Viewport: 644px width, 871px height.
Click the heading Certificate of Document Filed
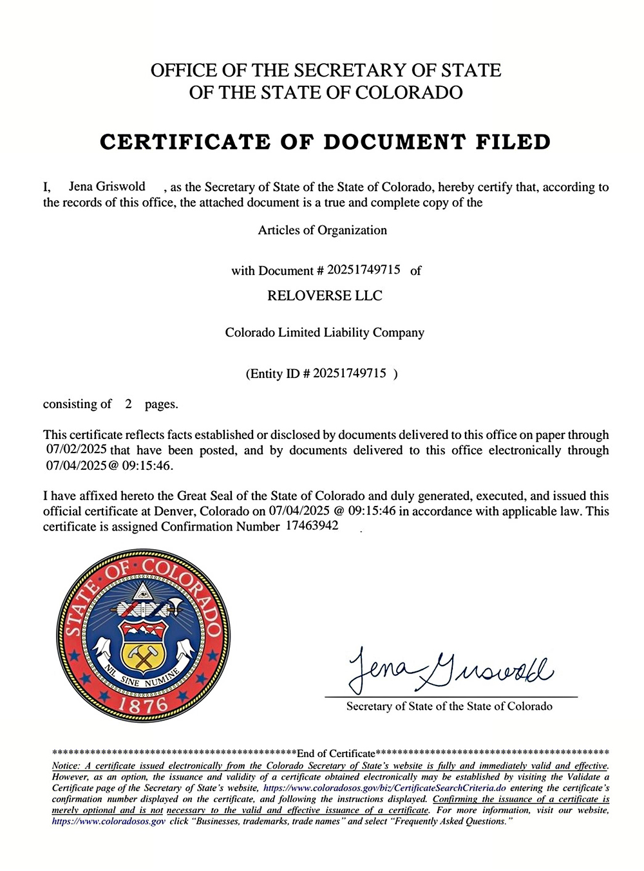pyautogui.click(x=325, y=142)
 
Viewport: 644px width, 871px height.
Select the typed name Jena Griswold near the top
pyautogui.click(x=107, y=186)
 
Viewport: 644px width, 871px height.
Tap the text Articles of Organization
pyautogui.click(x=322, y=230)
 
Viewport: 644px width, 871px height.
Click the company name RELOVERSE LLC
pyautogui.click(x=325, y=295)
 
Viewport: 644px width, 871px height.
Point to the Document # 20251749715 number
pyautogui.click(x=363, y=269)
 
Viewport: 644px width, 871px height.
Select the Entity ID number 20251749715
pyautogui.click(x=350, y=373)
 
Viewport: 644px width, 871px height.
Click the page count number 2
pyautogui.click(x=128, y=404)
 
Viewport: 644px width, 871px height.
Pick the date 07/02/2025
pyautogui.click(x=76, y=449)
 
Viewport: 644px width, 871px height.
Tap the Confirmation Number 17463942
pyautogui.click(x=312, y=525)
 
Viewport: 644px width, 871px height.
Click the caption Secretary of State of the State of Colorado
pyautogui.click(x=449, y=706)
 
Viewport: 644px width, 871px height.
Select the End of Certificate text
pyautogui.click(x=336, y=753)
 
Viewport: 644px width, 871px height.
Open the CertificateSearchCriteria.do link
pyautogui.click(x=384, y=788)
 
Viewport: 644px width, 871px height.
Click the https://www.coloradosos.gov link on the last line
pyautogui.click(x=108, y=821)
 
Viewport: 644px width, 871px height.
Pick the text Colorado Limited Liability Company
pyautogui.click(x=325, y=332)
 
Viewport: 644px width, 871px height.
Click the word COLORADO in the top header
pyautogui.click(x=409, y=92)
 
